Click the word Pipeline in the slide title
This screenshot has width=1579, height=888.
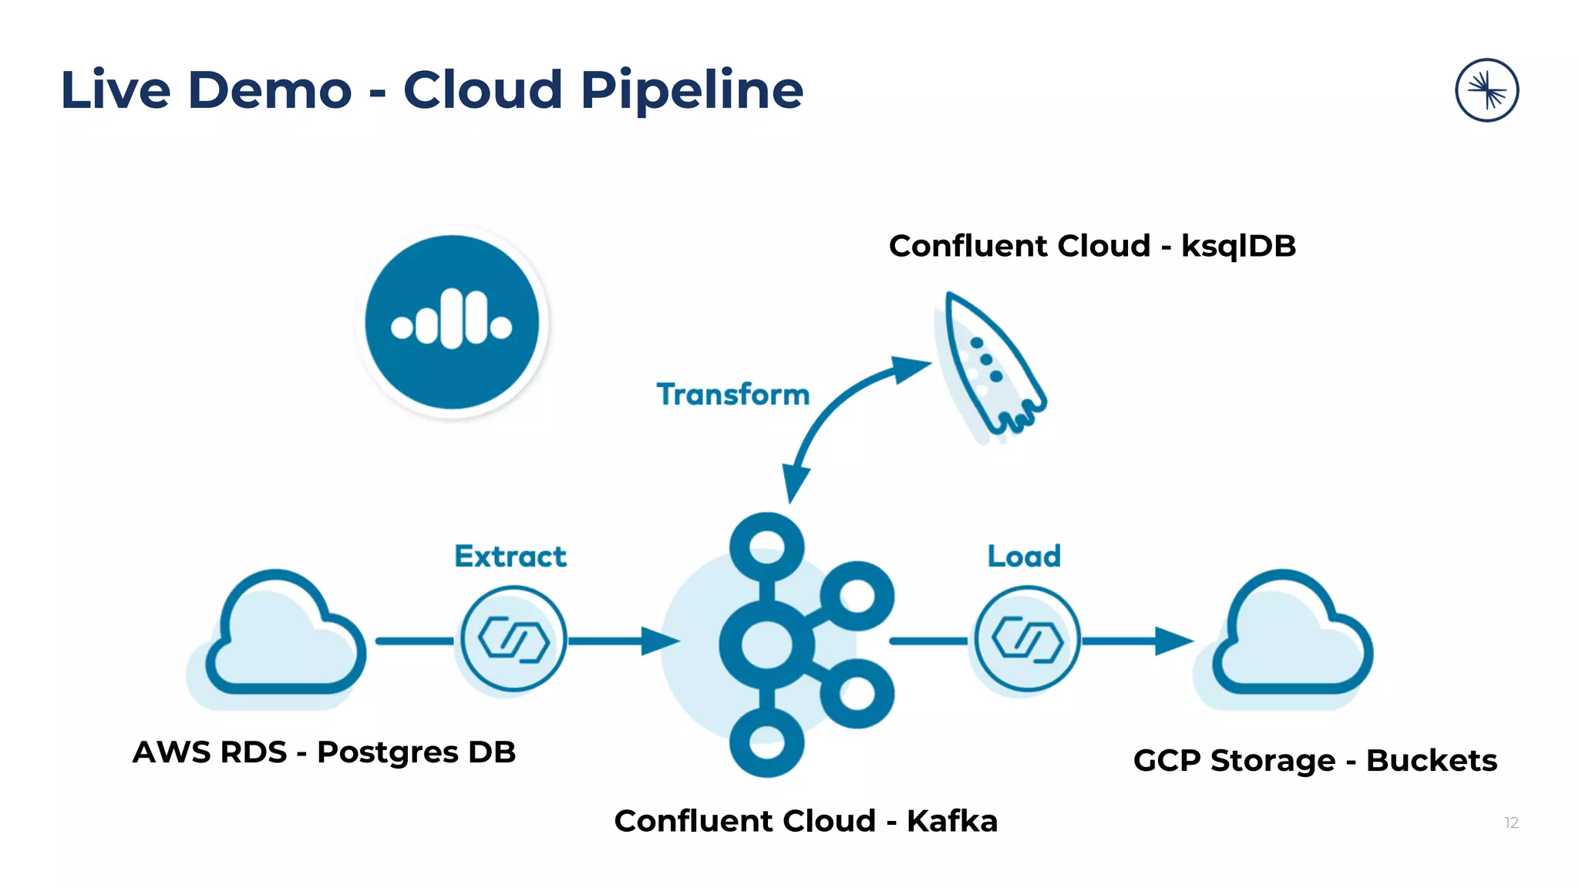[691, 91]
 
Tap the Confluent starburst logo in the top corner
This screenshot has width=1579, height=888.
[1486, 90]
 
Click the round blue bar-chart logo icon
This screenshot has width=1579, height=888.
[452, 322]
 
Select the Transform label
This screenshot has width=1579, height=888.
[732, 395]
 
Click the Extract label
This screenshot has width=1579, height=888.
[510, 556]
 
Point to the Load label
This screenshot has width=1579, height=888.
[1024, 556]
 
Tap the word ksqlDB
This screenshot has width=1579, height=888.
[1238, 246]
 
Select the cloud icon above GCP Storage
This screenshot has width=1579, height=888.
[1291, 636]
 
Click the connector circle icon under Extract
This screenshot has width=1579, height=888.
[513, 639]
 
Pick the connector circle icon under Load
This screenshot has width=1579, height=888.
[1026, 639]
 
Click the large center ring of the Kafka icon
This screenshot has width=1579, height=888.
[766, 644]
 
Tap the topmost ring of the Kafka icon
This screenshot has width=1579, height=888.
[766, 548]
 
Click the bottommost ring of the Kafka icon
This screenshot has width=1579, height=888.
[766, 742]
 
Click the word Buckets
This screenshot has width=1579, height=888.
[1431, 761]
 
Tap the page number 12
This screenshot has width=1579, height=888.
[1511, 822]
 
